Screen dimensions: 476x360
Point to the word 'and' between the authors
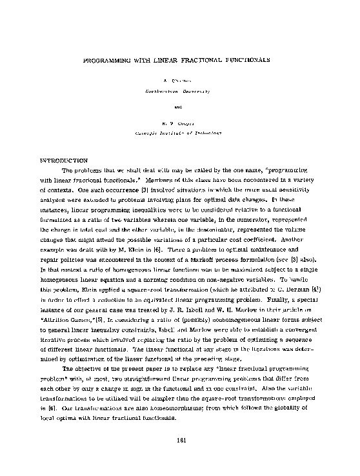[x=179, y=106]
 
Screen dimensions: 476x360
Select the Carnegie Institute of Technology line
[x=179, y=130]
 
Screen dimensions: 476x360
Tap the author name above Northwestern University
[x=179, y=83]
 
